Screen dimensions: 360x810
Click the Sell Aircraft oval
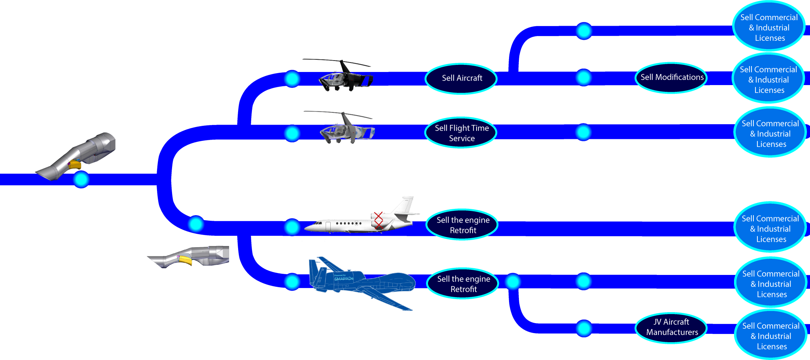[x=461, y=78]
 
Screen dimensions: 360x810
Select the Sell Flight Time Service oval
[x=461, y=133]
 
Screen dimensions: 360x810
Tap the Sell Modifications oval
[x=672, y=78]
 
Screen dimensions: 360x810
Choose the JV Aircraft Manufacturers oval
[x=672, y=327]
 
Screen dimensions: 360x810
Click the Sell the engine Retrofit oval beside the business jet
[x=462, y=225]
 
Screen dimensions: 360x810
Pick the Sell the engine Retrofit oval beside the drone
[x=463, y=284]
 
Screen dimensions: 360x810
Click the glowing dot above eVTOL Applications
[x=583, y=78]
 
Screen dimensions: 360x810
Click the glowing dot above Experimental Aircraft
[x=583, y=328]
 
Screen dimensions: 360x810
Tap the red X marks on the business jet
[x=379, y=220]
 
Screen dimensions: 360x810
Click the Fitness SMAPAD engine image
[x=190, y=256]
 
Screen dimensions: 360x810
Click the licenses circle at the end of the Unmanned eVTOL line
[x=769, y=28]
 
